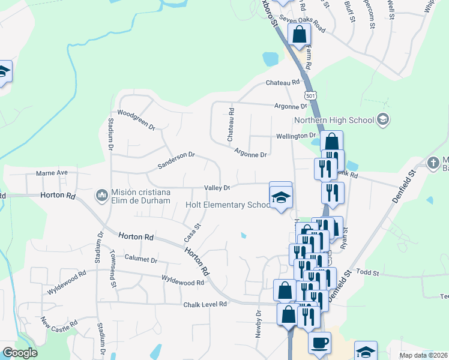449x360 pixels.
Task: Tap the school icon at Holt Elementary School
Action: coord(280,196)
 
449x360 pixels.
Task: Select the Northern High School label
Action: coord(334,120)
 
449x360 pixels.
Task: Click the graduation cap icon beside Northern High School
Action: coord(382,120)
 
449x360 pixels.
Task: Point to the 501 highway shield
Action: coord(310,96)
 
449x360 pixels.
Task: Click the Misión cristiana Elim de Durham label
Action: coord(141,196)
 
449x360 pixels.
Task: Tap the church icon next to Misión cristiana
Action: coord(101,196)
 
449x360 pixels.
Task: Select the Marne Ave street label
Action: coord(52,173)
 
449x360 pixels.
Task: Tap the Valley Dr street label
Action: coord(217,188)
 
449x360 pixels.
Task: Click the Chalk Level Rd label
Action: coord(205,304)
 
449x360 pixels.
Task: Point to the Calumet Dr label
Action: coord(140,260)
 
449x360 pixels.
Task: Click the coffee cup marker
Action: coord(319,343)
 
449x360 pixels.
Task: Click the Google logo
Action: coord(20,353)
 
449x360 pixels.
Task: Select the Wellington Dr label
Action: coord(296,136)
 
